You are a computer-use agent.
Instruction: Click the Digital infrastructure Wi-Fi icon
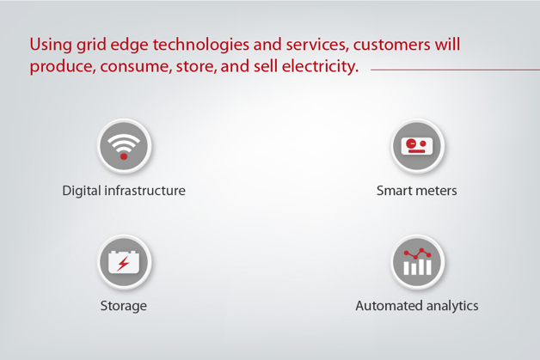tap(124, 145)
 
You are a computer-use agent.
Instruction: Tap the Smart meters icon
tap(417, 145)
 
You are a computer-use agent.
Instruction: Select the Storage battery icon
tap(124, 261)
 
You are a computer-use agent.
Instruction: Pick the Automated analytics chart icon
tap(417, 261)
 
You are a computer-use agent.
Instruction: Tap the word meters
tap(436, 191)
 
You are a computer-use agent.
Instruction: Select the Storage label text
tap(124, 306)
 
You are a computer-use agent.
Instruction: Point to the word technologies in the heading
tap(196, 45)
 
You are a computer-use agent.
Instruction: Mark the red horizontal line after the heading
tap(454, 69)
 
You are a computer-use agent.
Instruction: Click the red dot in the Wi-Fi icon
tap(124, 156)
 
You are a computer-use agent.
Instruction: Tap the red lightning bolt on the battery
tap(124, 262)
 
